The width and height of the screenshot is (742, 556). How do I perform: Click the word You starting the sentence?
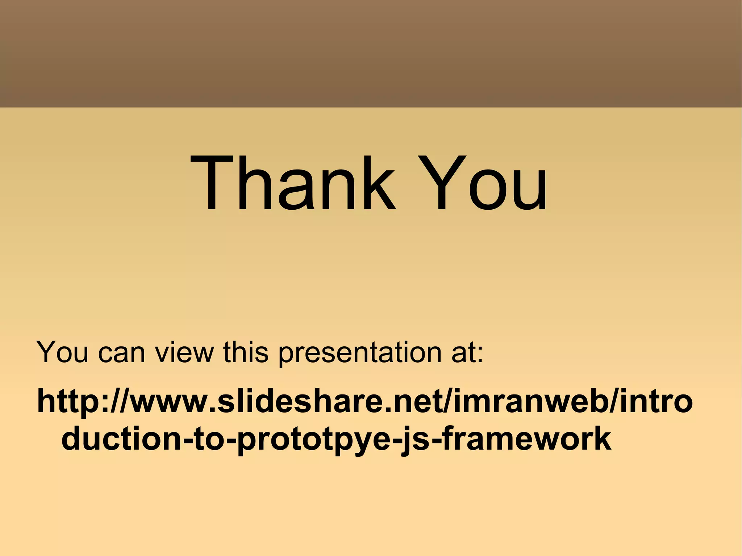coord(62,352)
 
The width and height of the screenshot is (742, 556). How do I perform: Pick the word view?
coord(184,352)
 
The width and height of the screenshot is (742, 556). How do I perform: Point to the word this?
coord(245,352)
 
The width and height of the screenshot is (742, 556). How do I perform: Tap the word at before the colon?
coord(463,352)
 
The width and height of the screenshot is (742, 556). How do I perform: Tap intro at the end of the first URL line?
coord(656,401)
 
